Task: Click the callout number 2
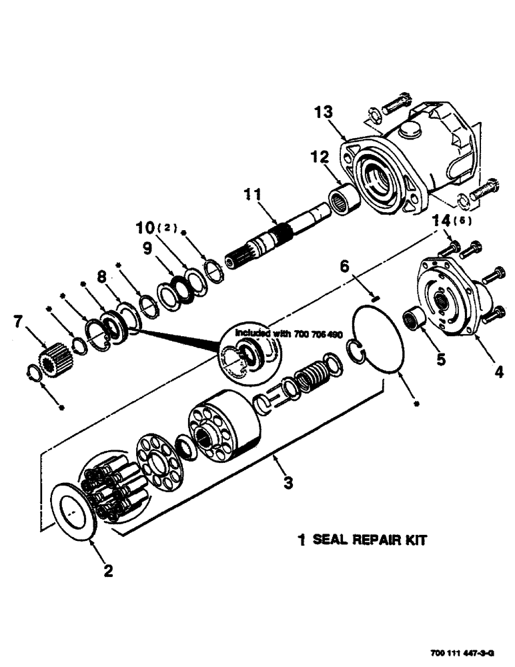point(107,570)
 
